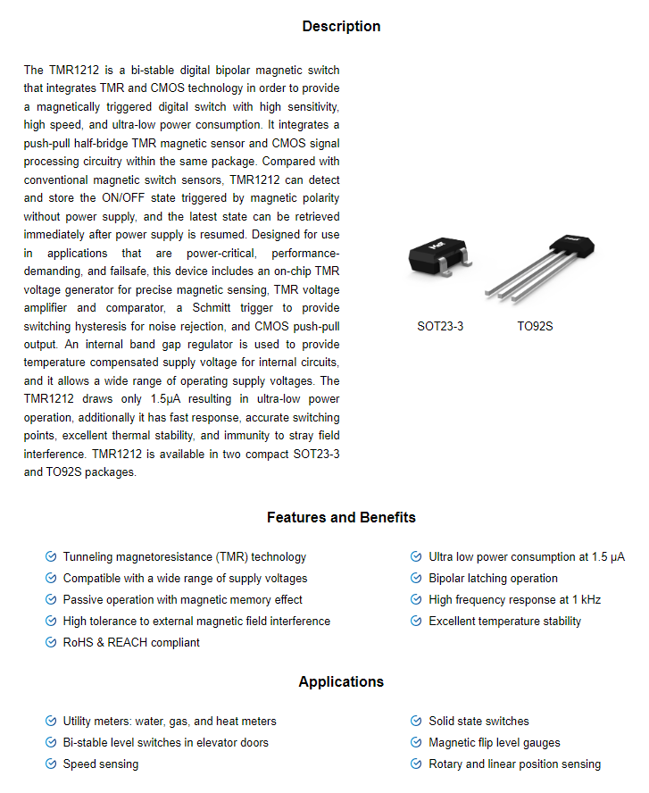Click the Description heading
(x=341, y=27)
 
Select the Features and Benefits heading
(x=341, y=518)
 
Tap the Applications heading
(x=341, y=682)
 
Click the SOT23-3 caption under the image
(x=440, y=327)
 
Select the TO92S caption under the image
(x=536, y=327)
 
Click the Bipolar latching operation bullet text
(x=493, y=579)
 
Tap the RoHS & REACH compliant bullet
(x=131, y=643)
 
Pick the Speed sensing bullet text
(x=100, y=764)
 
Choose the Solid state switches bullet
(x=478, y=722)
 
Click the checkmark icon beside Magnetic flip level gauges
(x=416, y=743)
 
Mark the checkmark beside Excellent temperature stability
(x=416, y=622)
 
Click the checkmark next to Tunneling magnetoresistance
(x=51, y=557)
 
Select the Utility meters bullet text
(x=170, y=722)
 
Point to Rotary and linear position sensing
(x=514, y=764)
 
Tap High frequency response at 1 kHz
(x=514, y=600)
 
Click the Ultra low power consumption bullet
(x=526, y=557)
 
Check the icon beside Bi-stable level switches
(x=51, y=743)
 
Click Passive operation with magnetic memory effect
(x=182, y=600)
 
